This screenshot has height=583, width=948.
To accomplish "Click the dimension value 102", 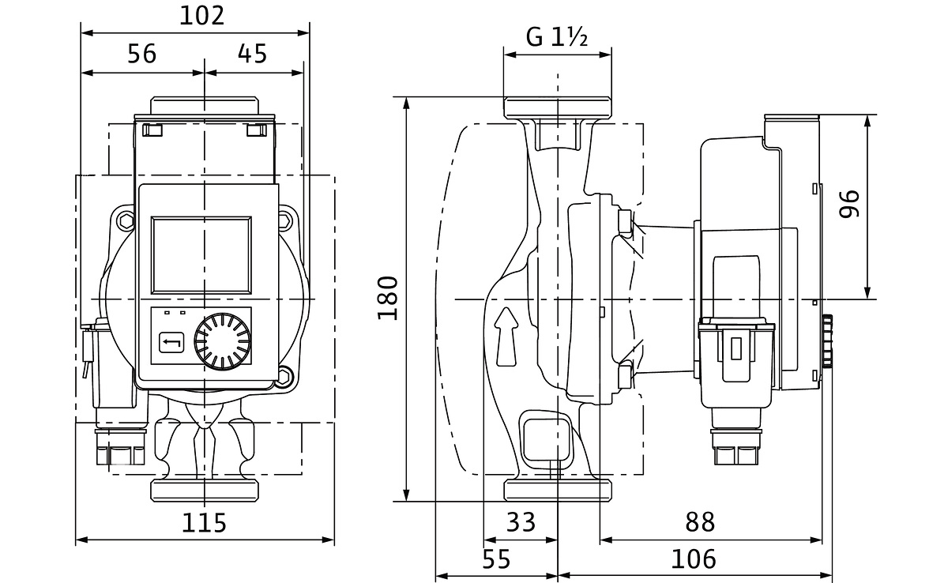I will (x=201, y=16).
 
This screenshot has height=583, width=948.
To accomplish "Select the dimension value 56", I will (x=142, y=54).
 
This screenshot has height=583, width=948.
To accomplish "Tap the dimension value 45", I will (x=252, y=54).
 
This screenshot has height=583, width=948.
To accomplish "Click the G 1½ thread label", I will (x=557, y=37).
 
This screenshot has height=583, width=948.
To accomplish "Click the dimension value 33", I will (x=519, y=521).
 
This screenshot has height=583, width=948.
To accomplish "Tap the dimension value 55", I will (x=495, y=559).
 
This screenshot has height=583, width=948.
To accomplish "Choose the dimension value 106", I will (x=694, y=559).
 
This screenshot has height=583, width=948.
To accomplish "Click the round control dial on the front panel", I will (x=223, y=343).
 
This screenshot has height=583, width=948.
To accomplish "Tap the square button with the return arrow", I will (x=172, y=343).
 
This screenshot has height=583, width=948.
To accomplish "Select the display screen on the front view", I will (x=201, y=252).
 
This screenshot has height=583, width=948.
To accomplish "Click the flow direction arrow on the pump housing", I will (x=505, y=336).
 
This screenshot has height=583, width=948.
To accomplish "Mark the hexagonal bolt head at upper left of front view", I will (x=126, y=223).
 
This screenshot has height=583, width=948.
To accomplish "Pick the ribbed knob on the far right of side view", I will (x=828, y=342).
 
